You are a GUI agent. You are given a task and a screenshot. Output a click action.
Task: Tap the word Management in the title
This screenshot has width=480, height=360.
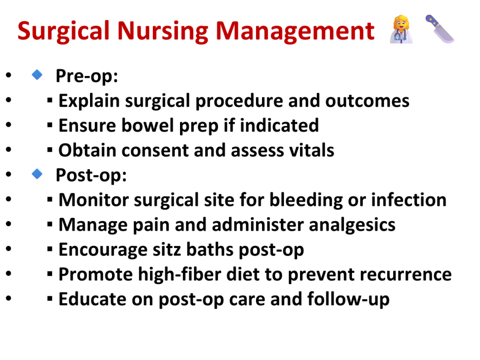click(x=295, y=32)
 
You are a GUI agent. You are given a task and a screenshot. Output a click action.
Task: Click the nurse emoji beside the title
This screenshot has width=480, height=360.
click(x=401, y=30)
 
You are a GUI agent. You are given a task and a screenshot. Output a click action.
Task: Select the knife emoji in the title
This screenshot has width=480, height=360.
click(x=440, y=29)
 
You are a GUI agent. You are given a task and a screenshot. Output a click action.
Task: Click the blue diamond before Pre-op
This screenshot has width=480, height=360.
click(x=37, y=75)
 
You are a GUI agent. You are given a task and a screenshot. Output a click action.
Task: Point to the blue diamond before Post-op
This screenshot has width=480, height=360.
click(x=37, y=174)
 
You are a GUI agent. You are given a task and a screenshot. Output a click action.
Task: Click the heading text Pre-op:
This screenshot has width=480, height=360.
click(x=87, y=76)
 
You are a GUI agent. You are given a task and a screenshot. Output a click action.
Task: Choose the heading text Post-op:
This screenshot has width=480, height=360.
click(x=91, y=175)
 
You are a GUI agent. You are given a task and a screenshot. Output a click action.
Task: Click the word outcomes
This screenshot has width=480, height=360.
click(x=367, y=101)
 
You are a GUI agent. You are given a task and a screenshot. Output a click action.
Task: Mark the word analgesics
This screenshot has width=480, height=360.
click(x=352, y=225)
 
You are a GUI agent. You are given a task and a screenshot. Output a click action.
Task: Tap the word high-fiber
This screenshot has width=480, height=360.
click(x=180, y=275)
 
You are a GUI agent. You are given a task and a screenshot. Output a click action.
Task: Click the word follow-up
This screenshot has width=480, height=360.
click(x=348, y=300)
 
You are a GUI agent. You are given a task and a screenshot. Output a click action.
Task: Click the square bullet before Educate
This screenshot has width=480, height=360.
click(x=50, y=299)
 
